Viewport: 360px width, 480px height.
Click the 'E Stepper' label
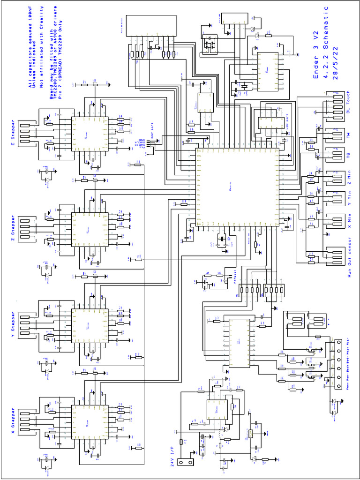pyautogui.click(x=14, y=133)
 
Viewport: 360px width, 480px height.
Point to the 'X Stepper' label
pyautogui.click(x=14, y=421)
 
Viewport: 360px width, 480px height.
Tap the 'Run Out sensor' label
pyautogui.click(x=349, y=257)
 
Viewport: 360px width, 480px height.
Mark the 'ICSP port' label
pyautogui.click(x=151, y=131)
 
